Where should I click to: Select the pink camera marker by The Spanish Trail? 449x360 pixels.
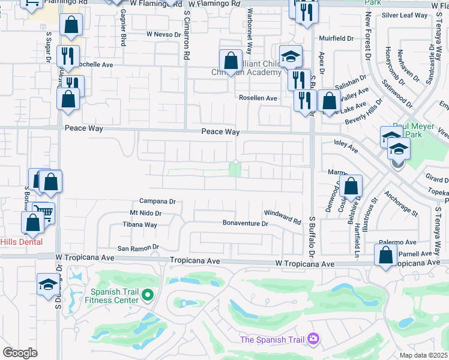(x=312, y=340)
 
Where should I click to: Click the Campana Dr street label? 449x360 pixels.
(x=157, y=202)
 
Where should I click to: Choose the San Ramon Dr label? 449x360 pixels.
(x=137, y=247)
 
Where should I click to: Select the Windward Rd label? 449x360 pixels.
(x=282, y=217)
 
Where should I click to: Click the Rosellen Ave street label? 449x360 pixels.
(x=258, y=98)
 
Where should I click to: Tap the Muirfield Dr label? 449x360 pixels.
(x=337, y=38)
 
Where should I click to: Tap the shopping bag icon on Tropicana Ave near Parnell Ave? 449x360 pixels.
(x=385, y=254)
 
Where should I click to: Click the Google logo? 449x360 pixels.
(x=20, y=353)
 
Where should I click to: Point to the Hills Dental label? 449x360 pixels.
(x=22, y=242)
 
